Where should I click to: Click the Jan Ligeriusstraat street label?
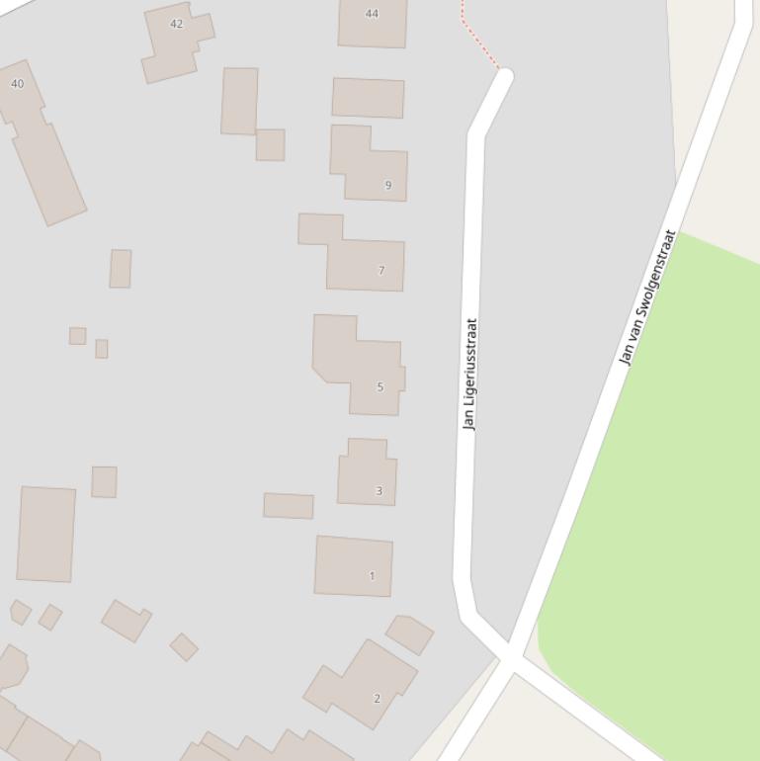(470, 374)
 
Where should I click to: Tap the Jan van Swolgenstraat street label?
(647, 297)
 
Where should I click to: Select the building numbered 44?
(373, 25)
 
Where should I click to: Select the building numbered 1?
(353, 565)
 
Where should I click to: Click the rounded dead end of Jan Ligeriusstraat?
(505, 77)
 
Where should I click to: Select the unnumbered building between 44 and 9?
(368, 98)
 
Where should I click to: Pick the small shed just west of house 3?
(288, 505)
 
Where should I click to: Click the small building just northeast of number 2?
(409, 634)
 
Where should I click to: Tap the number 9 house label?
(388, 185)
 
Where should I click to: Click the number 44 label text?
(372, 14)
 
